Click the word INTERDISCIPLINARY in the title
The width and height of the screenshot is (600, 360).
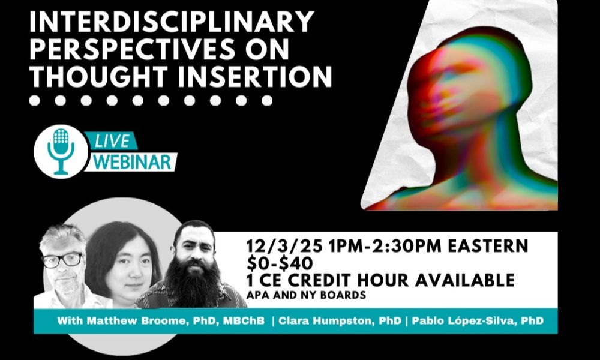coord(172,22)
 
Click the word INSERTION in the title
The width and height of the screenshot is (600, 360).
coord(254,76)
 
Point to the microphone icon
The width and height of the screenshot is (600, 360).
coord(61,151)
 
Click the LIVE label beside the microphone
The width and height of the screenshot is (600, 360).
coord(112,141)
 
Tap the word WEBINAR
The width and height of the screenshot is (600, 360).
coord(133,162)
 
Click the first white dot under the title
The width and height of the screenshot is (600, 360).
coord(34,100)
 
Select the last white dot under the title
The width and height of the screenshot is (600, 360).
coord(267,100)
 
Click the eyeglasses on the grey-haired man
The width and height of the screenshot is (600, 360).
coord(61,260)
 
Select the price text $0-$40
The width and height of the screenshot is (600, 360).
coord(280,263)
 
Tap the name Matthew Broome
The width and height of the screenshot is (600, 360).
coord(137,320)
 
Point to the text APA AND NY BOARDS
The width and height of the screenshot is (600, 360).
coord(306,295)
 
